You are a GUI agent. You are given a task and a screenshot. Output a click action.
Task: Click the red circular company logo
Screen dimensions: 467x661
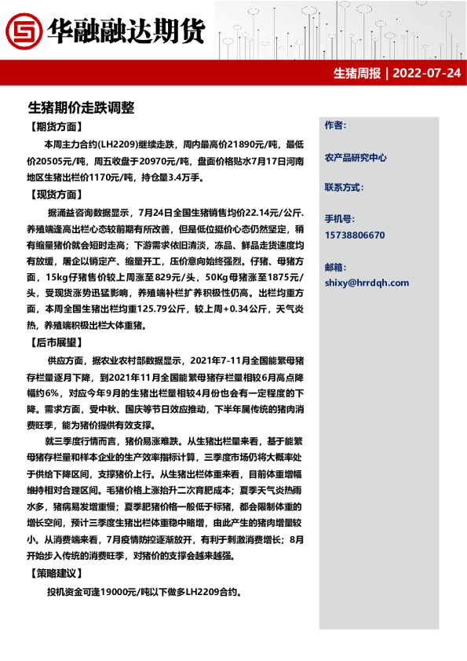pos(24,31)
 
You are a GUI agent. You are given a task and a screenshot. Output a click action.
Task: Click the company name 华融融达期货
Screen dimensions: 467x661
pos(126,31)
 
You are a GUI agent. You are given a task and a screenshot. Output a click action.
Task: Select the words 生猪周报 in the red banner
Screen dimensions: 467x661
pos(356,74)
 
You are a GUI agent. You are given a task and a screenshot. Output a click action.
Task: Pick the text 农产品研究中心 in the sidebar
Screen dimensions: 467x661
pos(356,158)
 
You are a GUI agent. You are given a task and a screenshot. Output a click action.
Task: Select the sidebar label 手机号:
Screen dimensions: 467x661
pos(338,220)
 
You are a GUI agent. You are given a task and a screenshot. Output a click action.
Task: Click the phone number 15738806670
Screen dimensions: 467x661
pos(355,235)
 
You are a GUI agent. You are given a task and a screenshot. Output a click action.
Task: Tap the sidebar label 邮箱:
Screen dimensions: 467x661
pos(334,267)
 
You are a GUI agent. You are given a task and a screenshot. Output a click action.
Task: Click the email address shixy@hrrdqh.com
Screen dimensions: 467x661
pos(367,283)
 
